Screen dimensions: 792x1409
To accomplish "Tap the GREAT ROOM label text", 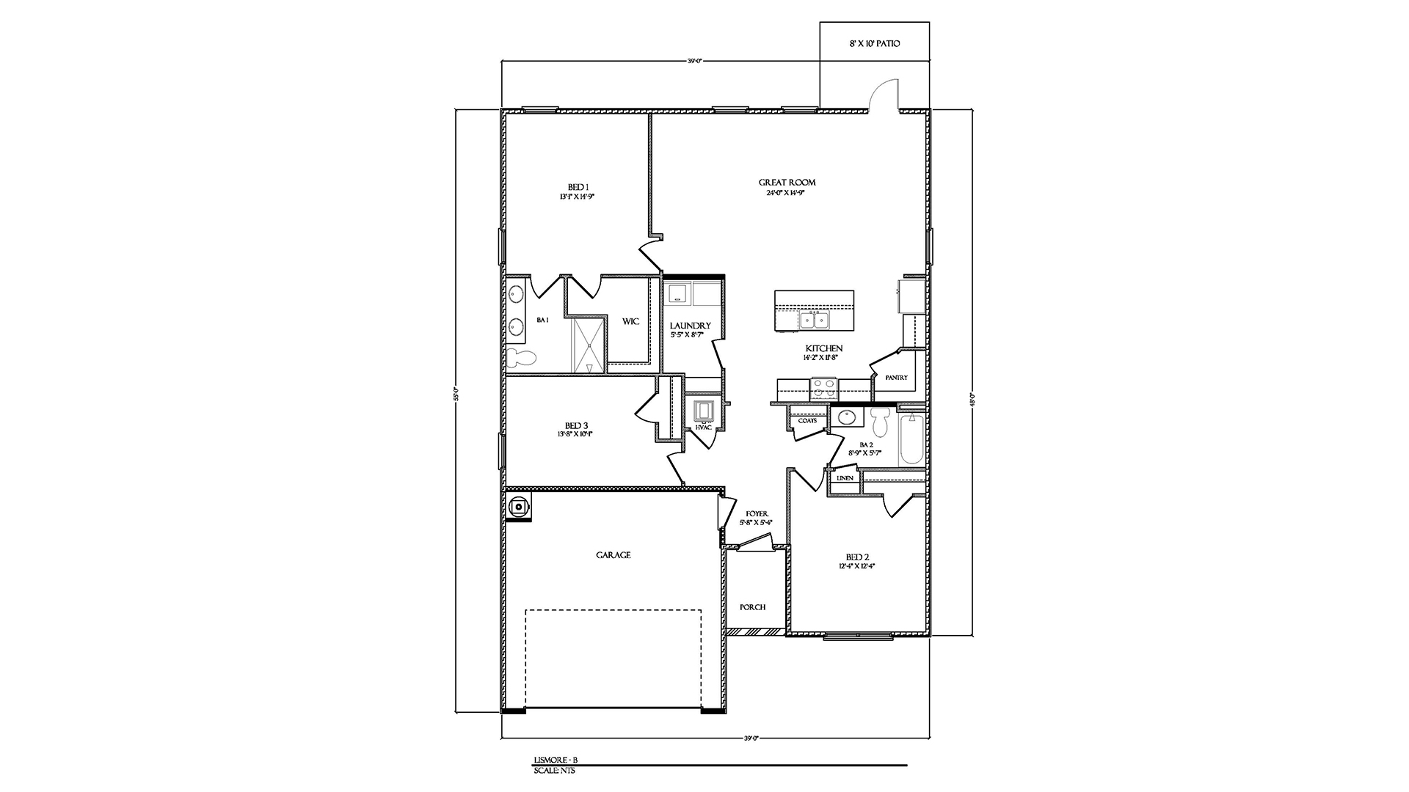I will click(x=787, y=183).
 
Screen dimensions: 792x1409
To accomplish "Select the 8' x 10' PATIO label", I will click(x=874, y=44).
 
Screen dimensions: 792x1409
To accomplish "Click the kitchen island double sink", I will click(x=814, y=320).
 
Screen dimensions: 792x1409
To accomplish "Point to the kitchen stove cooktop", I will click(x=823, y=386).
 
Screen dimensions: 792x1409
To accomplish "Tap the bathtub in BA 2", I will click(x=911, y=439).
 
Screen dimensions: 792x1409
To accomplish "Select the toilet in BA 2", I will click(x=880, y=423).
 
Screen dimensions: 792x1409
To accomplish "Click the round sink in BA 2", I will click(x=848, y=418).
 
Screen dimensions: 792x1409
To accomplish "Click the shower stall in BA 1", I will click(x=589, y=345).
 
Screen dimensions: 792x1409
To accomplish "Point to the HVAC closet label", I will click(x=704, y=428).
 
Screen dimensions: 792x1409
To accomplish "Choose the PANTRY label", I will click(x=896, y=378).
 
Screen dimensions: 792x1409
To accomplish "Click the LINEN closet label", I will click(x=845, y=478).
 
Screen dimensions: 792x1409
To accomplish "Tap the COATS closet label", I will click(x=807, y=421).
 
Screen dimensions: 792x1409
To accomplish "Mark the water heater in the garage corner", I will click(x=518, y=506).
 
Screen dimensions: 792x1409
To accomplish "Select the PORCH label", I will click(x=752, y=607).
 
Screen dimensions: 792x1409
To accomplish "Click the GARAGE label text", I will click(x=613, y=555).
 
